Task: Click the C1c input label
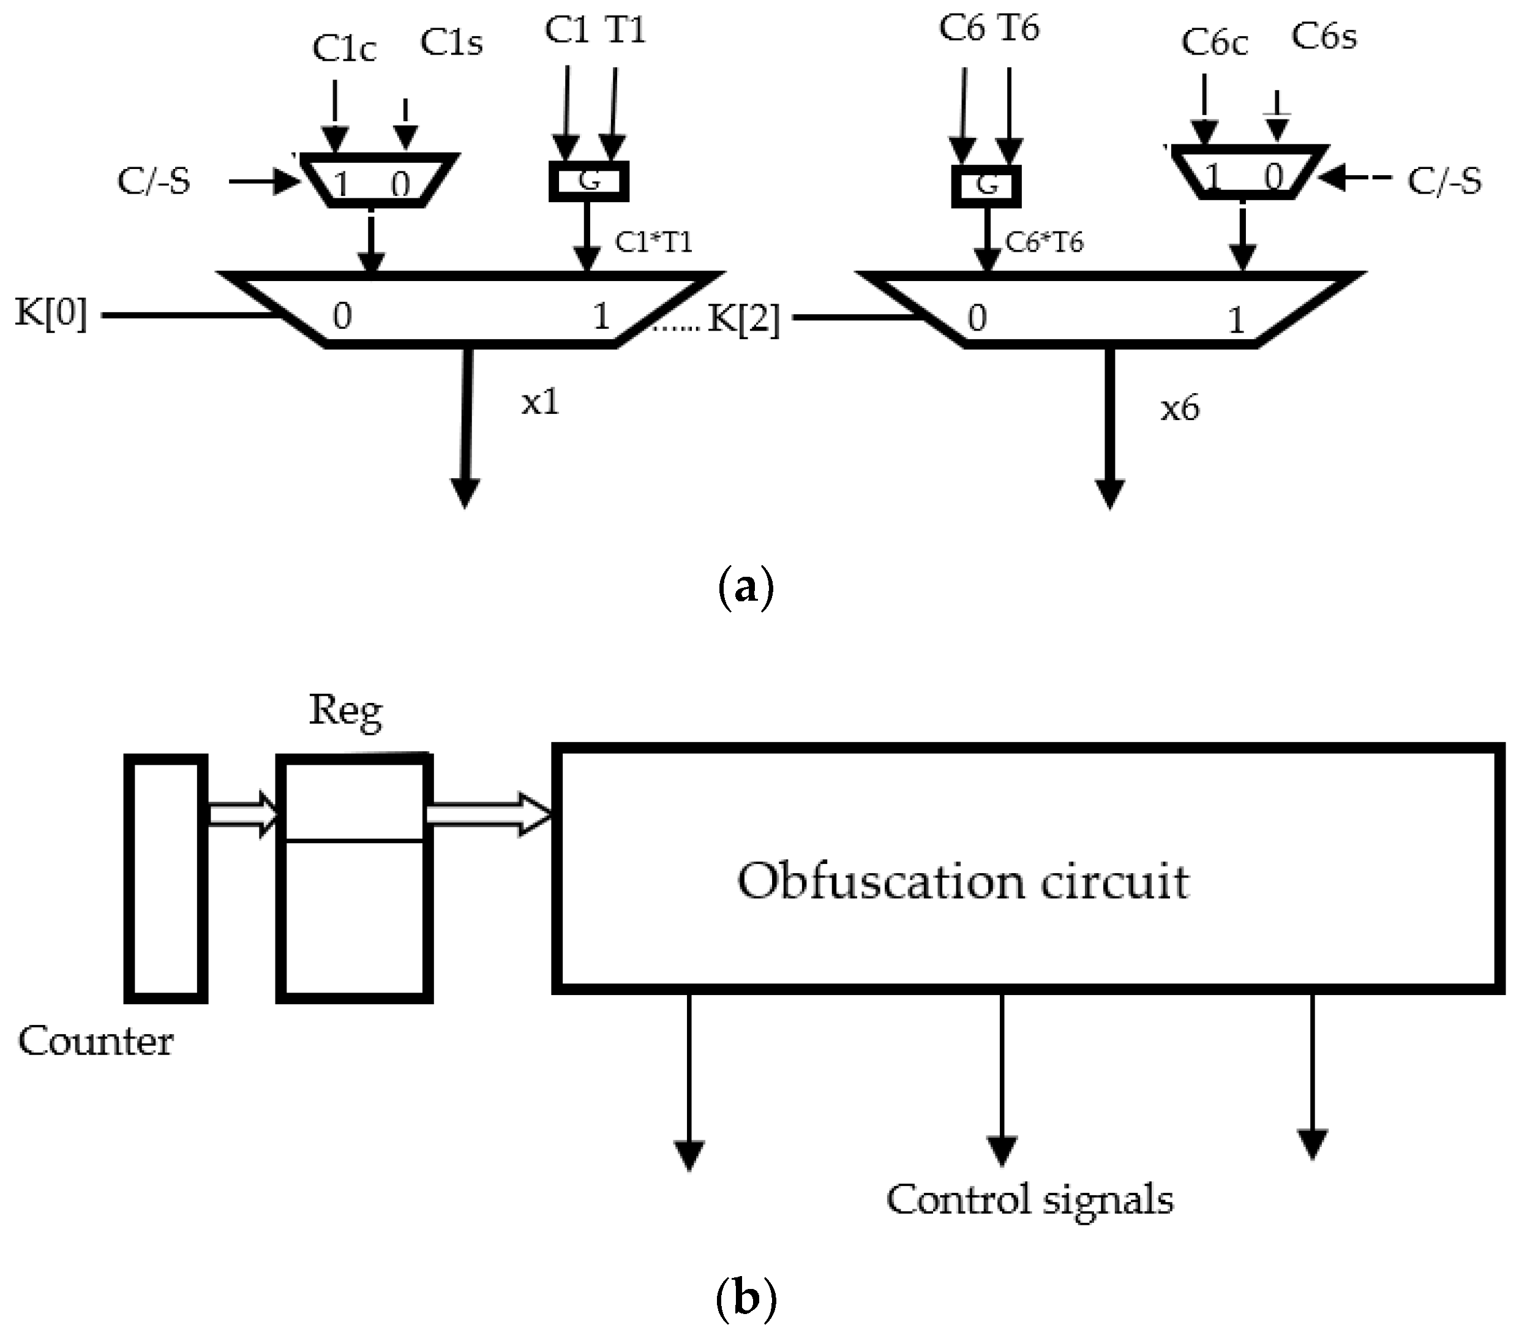[343, 49]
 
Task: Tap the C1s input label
[451, 43]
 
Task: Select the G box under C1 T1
[588, 181]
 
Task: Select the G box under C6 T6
[986, 185]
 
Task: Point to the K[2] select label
[743, 320]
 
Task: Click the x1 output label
[539, 402]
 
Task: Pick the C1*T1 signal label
[653, 242]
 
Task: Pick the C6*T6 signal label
[1044, 242]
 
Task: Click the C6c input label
[1214, 43]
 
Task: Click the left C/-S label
[154, 181]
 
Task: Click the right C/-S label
[1444, 181]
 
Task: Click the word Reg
[345, 711]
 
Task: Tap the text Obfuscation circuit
[963, 882]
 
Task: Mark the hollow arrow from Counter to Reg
[241, 815]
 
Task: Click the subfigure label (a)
[746, 587]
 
